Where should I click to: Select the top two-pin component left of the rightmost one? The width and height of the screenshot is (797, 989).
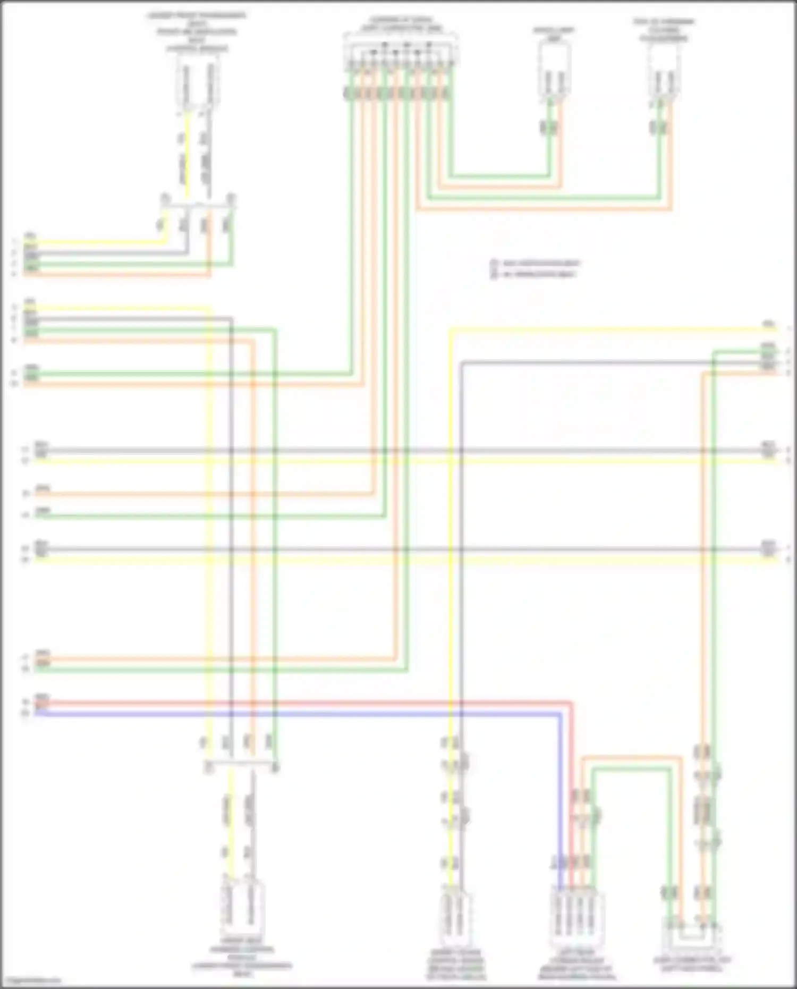(554, 69)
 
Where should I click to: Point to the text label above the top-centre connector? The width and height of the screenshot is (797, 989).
(402, 24)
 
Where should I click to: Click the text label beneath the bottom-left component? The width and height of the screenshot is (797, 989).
(242, 957)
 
